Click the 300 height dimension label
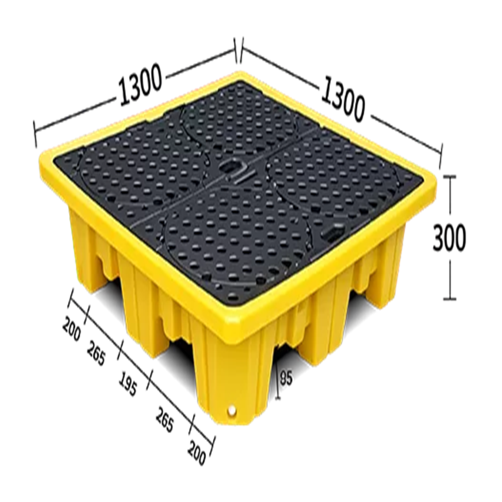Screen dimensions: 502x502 449,237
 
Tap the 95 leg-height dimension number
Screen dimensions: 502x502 286,378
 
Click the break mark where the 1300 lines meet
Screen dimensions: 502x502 238,51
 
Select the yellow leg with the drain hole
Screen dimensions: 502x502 236,387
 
